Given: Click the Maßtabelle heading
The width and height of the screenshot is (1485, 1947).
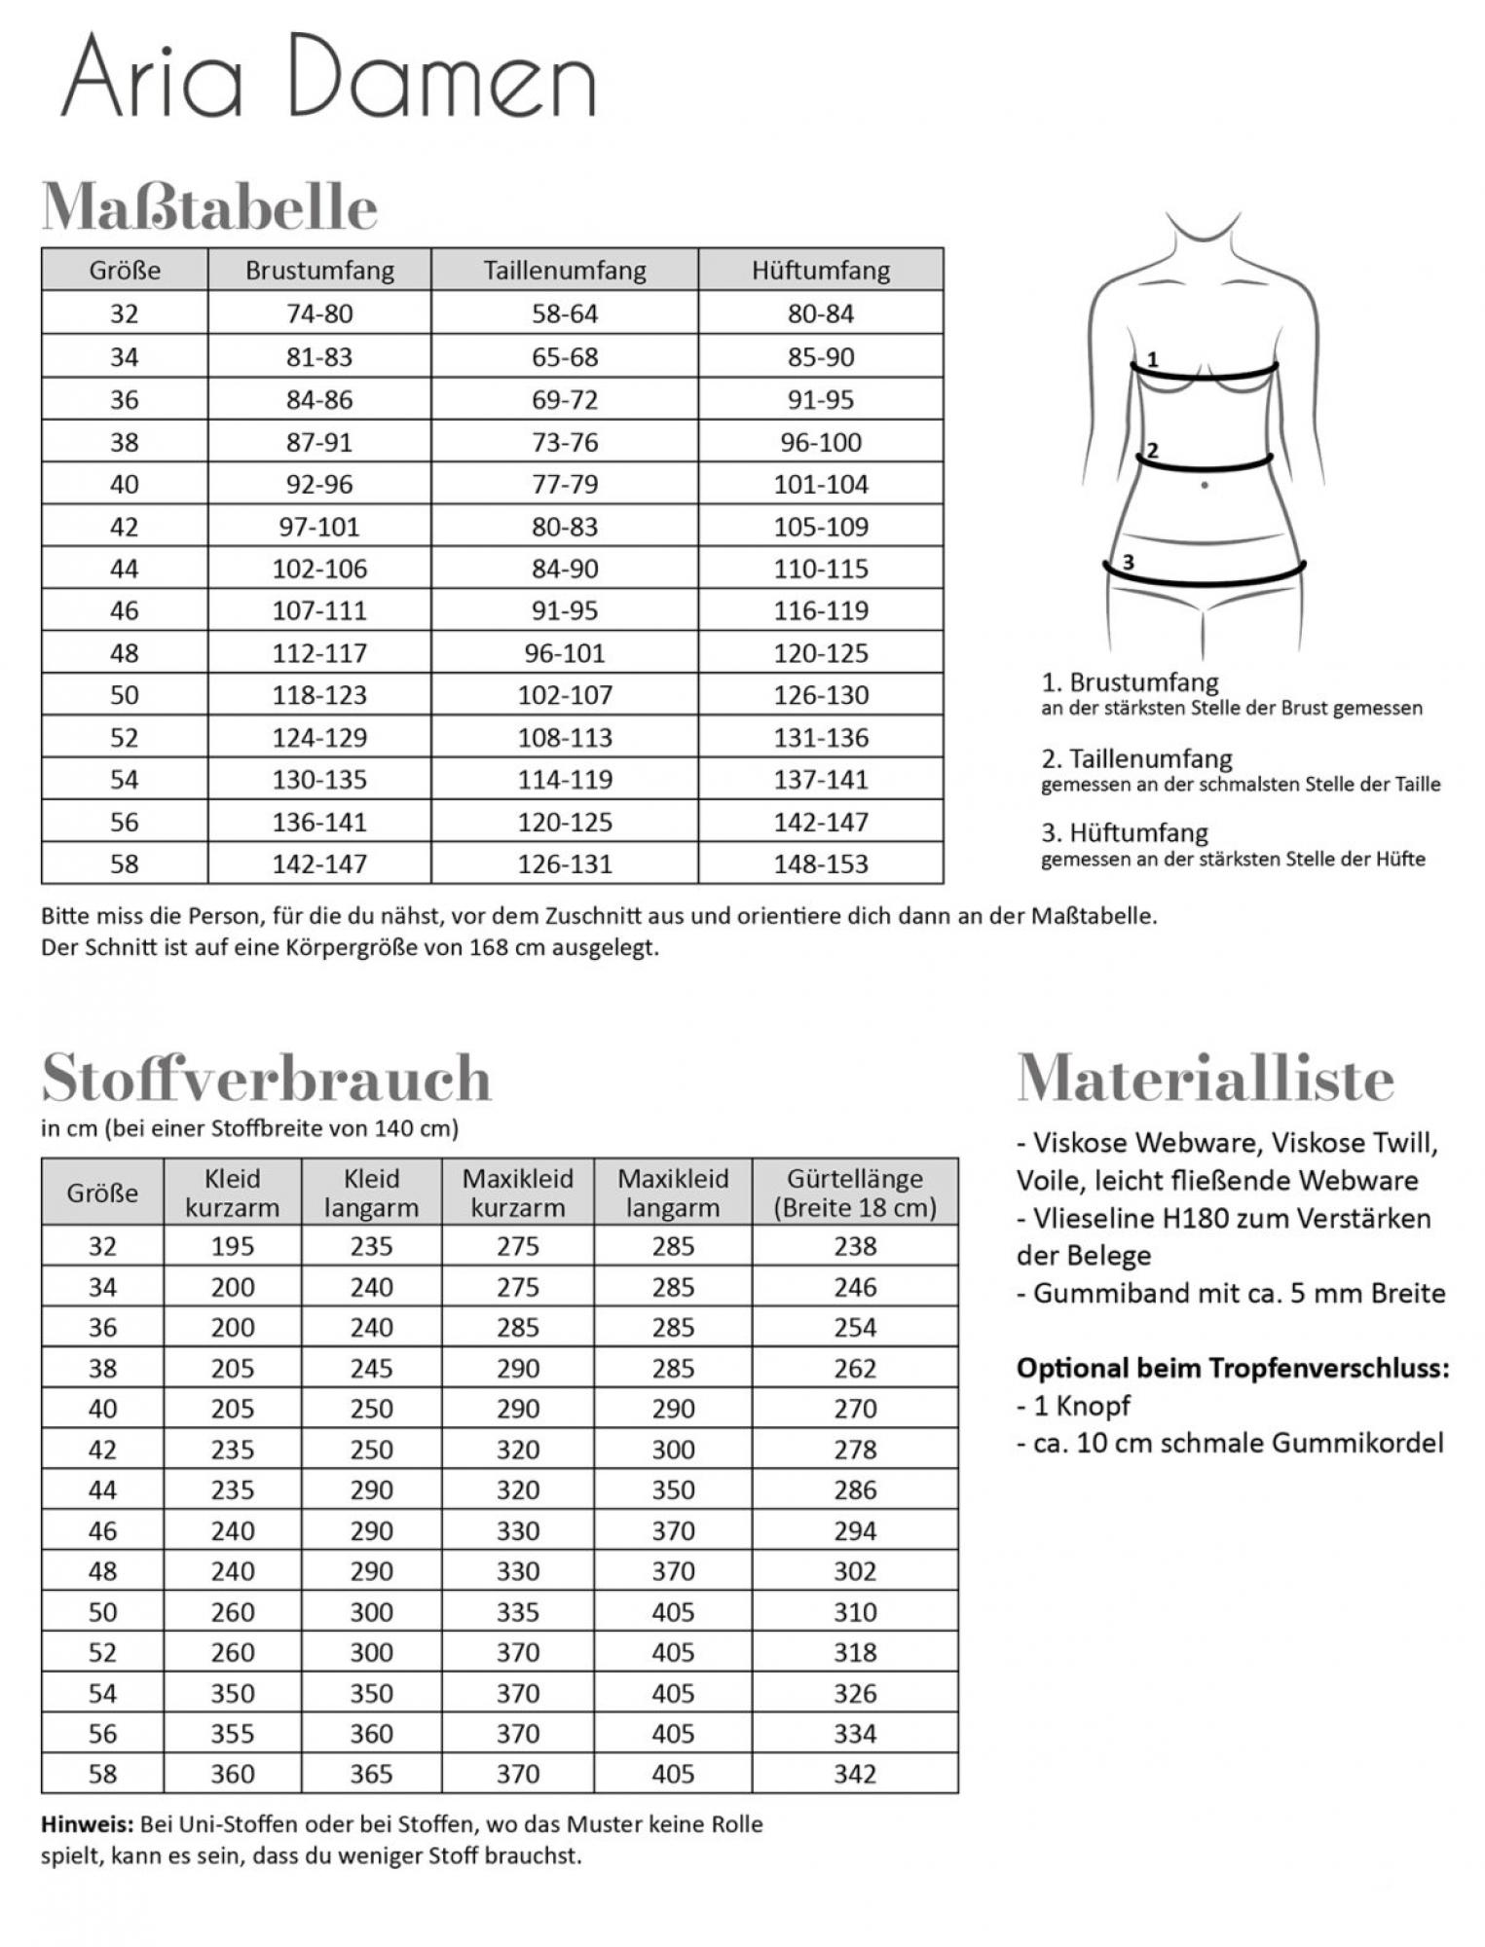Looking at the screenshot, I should pyautogui.click(x=209, y=206).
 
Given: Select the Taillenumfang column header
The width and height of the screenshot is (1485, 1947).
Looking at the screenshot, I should pyautogui.click(x=565, y=270).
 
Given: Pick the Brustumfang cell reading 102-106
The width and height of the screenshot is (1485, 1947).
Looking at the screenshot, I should pyautogui.click(x=319, y=569).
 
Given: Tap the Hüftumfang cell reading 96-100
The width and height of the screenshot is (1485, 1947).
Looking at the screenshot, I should pyautogui.click(x=821, y=442).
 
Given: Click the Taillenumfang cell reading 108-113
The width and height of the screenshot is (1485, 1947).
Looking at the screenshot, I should pyautogui.click(x=565, y=737).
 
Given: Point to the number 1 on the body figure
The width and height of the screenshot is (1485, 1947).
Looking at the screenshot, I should pyautogui.click(x=1153, y=359).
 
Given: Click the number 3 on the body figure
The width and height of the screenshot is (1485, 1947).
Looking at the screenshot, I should pyautogui.click(x=1129, y=562).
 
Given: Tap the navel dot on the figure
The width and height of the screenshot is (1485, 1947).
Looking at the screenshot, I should pyautogui.click(x=1205, y=485).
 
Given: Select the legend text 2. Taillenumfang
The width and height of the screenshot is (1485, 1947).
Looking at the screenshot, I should pyautogui.click(x=1136, y=758).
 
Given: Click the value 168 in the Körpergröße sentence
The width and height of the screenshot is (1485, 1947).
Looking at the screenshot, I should pyautogui.click(x=488, y=947).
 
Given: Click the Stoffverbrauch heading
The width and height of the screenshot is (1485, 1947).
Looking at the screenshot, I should pyautogui.click(x=267, y=1078).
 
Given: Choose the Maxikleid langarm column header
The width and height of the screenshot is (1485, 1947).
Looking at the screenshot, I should pyautogui.click(x=673, y=1193).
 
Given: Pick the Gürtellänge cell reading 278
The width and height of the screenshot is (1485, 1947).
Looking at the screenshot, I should pyautogui.click(x=855, y=1450).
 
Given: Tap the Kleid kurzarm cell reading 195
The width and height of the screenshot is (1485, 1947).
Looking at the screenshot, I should pyautogui.click(x=233, y=1246).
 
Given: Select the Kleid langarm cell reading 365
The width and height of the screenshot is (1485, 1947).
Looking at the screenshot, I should pyautogui.click(x=371, y=1774).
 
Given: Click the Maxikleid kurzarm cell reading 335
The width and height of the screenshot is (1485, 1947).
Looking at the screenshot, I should pyautogui.click(x=517, y=1612).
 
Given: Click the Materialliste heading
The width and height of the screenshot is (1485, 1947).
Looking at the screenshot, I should pyautogui.click(x=1206, y=1078).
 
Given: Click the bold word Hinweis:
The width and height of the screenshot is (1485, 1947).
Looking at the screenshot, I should pyautogui.click(x=87, y=1824).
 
